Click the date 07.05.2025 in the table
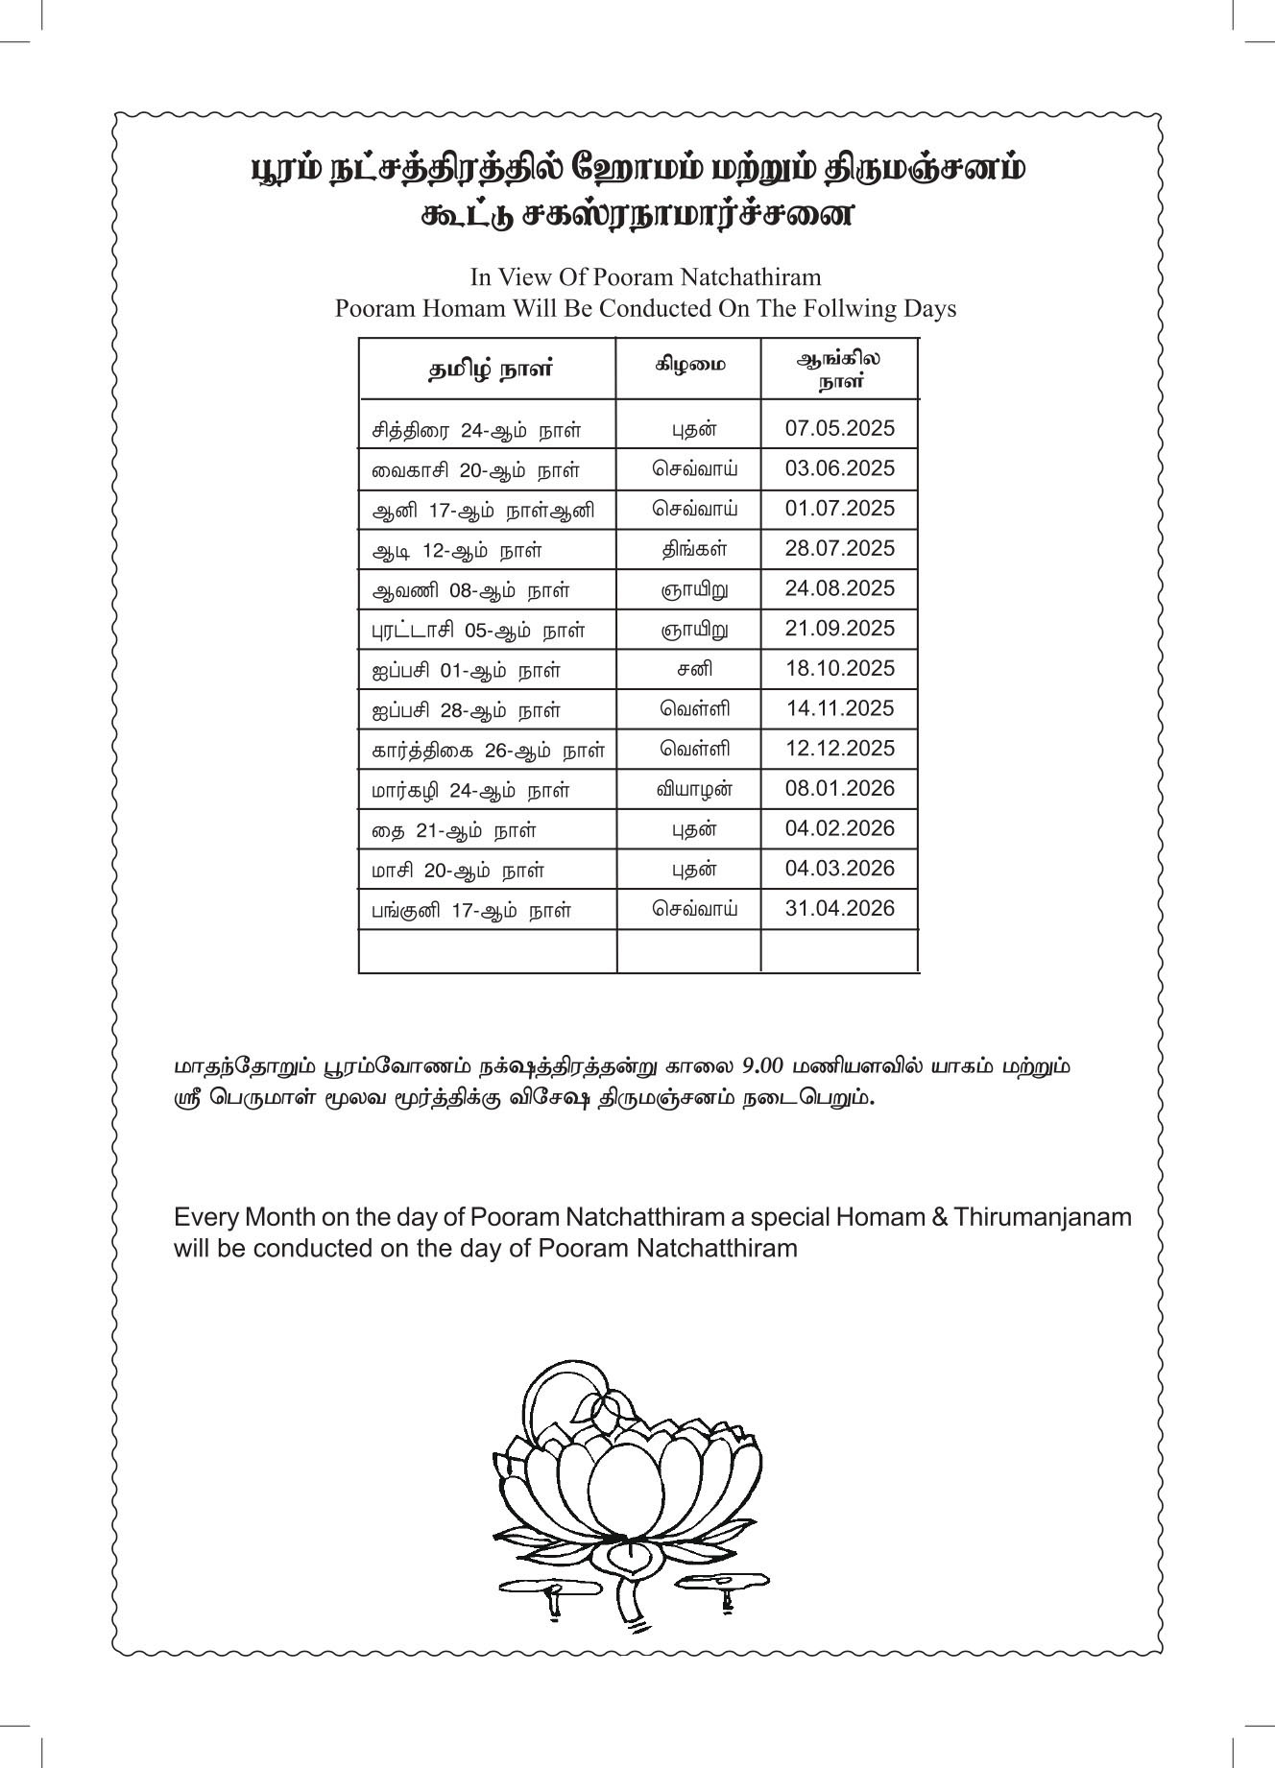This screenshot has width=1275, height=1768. coord(839,428)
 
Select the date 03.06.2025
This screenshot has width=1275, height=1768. coord(839,468)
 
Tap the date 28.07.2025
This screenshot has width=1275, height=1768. coord(839,548)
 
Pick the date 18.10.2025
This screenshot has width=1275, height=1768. coord(839,668)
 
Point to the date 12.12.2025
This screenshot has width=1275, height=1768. coord(839,748)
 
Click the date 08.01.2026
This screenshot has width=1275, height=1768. coord(839,788)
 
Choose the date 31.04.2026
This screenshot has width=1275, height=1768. coord(839,908)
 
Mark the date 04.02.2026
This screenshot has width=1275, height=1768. coord(839,828)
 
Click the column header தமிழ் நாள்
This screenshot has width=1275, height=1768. coord(490,370)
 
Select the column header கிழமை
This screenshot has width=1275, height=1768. coord(690,365)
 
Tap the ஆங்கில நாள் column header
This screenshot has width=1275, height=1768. coord(840,370)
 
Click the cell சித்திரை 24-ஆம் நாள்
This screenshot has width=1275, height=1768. coord(476,430)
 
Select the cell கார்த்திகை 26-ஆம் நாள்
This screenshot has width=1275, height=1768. coord(489,750)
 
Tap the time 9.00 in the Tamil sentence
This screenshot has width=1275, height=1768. coord(764,1066)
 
